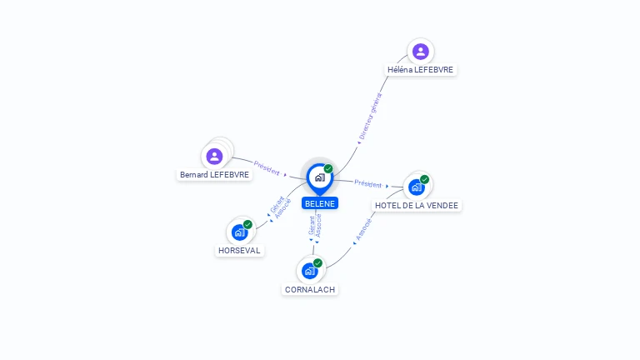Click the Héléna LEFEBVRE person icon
click(x=420, y=52)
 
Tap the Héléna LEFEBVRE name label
click(x=420, y=70)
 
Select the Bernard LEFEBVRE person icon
click(x=214, y=157)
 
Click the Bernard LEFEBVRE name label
click(x=214, y=175)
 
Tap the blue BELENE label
click(x=320, y=203)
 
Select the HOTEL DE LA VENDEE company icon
click(x=417, y=187)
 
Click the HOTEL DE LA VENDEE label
click(x=417, y=206)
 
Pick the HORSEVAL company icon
click(x=240, y=232)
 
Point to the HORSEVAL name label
click(x=239, y=251)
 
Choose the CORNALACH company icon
click(x=310, y=271)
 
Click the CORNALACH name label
click(x=310, y=290)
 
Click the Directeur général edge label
click(x=371, y=117)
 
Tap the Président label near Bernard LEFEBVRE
click(x=267, y=168)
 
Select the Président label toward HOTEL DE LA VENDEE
click(x=367, y=184)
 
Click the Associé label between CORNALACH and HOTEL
click(x=363, y=229)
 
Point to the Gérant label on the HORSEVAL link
click(x=277, y=204)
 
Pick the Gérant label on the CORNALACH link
click(x=312, y=225)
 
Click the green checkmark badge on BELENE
click(x=328, y=168)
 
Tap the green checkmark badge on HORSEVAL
click(x=247, y=224)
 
